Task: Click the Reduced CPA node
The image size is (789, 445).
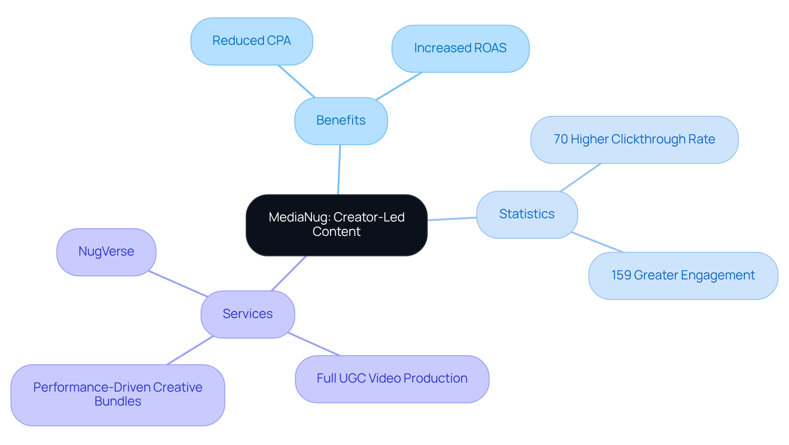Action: (251, 41)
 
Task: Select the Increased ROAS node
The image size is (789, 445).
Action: (460, 48)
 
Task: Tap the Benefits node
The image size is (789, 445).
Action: (341, 121)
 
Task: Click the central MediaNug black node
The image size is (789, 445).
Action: (336, 225)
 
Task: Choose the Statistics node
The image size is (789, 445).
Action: (527, 214)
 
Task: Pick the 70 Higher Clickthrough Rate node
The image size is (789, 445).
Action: (634, 140)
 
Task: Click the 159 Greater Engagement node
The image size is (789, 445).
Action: (683, 275)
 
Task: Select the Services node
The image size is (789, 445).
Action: (247, 314)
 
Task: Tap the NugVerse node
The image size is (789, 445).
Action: (106, 251)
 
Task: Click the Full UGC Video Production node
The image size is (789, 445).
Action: (392, 378)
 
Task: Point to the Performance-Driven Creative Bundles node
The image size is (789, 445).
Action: (118, 394)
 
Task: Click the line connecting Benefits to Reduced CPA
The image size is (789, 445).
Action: (297, 81)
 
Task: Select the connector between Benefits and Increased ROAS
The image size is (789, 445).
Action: (399, 86)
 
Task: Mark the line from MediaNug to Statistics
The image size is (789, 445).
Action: (452, 219)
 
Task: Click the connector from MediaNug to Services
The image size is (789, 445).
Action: (288, 273)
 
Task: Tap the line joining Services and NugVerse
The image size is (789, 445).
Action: (178, 284)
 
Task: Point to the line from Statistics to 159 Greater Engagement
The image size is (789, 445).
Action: (598, 242)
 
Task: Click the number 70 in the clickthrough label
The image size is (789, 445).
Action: (561, 139)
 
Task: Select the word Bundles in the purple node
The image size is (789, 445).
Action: (118, 401)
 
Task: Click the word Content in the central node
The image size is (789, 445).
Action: (336, 232)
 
